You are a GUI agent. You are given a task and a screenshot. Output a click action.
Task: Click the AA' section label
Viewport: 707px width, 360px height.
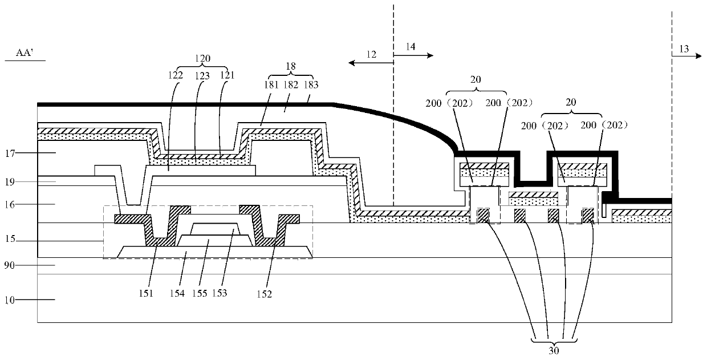pyautogui.click(x=25, y=52)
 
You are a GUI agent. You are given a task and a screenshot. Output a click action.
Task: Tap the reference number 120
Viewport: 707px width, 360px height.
pyautogui.click(x=202, y=58)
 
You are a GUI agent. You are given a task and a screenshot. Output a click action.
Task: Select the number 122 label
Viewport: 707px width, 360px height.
pyautogui.click(x=176, y=75)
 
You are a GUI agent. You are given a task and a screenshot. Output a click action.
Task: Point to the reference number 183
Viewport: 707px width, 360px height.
pyautogui.click(x=311, y=84)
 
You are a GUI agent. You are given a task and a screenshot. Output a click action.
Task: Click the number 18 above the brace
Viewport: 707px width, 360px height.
pyautogui.click(x=291, y=66)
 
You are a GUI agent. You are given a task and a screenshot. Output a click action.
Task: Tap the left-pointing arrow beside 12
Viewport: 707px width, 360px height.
pyautogui.click(x=371, y=63)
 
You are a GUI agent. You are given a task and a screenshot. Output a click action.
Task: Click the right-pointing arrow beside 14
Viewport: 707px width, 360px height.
pyautogui.click(x=413, y=55)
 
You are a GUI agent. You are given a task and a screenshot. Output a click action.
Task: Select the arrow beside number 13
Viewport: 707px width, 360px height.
pyautogui.click(x=686, y=56)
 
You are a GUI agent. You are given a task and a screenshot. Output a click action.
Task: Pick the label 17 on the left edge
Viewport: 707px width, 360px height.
pyautogui.click(x=10, y=153)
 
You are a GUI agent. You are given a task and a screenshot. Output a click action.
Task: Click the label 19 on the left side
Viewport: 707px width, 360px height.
pyautogui.click(x=10, y=182)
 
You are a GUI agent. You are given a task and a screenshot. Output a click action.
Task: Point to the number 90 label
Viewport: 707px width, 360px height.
pyautogui.click(x=10, y=265)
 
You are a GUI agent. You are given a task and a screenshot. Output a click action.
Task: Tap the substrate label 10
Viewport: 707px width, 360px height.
pyautogui.click(x=10, y=300)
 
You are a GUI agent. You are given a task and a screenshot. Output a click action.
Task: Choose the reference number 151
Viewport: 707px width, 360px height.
pyautogui.click(x=146, y=293)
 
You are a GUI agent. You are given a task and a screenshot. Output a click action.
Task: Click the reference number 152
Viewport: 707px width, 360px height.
pyautogui.click(x=264, y=294)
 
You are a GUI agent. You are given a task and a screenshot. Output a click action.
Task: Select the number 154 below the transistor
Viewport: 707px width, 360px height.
pyautogui.click(x=177, y=293)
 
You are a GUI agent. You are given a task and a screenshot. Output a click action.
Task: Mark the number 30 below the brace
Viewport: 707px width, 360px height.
pyautogui.click(x=554, y=350)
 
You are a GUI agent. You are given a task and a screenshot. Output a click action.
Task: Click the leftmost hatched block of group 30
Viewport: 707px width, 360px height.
pyautogui.click(x=483, y=215)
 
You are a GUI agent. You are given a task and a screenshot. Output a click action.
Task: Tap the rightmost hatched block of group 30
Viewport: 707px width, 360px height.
pyautogui.click(x=588, y=215)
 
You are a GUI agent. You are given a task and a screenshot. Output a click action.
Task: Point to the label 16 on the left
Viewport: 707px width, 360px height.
pyautogui.click(x=10, y=205)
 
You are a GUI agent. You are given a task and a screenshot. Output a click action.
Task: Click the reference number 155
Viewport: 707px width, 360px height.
pyautogui.click(x=200, y=293)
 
